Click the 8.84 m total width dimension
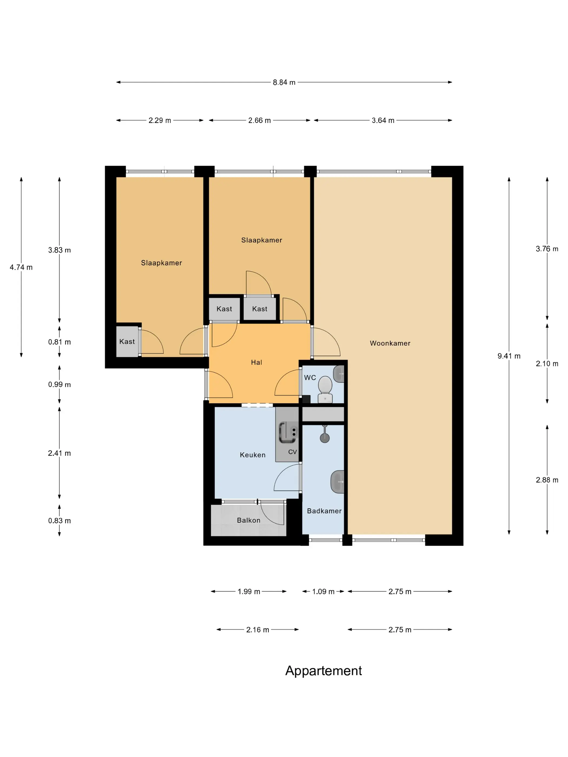(x=284, y=82)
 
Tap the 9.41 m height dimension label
(x=509, y=356)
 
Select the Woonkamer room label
(x=390, y=343)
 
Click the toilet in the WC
(x=325, y=390)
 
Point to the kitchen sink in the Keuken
(x=288, y=432)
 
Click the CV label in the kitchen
(x=292, y=452)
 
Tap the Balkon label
(x=249, y=520)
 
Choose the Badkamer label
(x=324, y=511)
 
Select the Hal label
(x=256, y=363)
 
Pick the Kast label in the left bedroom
(x=127, y=341)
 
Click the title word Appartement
(x=323, y=670)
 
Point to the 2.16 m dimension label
(x=257, y=630)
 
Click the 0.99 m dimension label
(x=60, y=384)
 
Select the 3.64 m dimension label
(x=383, y=121)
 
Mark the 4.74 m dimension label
(x=21, y=267)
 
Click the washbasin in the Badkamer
(x=338, y=482)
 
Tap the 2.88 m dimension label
(x=547, y=480)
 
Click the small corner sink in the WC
(x=339, y=374)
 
